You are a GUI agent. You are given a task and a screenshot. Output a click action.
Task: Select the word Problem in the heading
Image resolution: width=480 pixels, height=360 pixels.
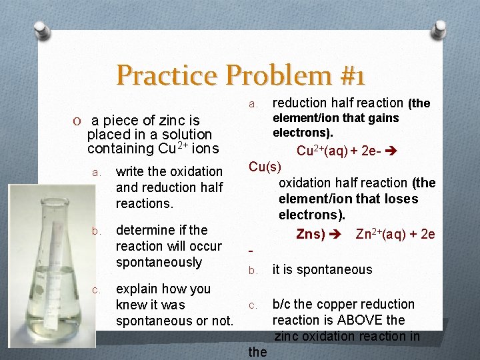point(269,75)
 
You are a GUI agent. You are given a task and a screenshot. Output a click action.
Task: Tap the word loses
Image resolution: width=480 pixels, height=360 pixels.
point(400,199)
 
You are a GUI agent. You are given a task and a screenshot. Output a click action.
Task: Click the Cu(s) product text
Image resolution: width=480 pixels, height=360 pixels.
point(265,167)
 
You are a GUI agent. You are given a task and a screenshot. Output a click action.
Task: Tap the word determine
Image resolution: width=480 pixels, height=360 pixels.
point(143,230)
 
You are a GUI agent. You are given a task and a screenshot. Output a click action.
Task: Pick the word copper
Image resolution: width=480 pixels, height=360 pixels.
point(338,304)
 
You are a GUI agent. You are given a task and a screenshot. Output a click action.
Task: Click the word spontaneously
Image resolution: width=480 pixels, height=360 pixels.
point(159,262)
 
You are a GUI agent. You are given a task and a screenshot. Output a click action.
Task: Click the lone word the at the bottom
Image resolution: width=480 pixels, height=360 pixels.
point(257,351)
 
